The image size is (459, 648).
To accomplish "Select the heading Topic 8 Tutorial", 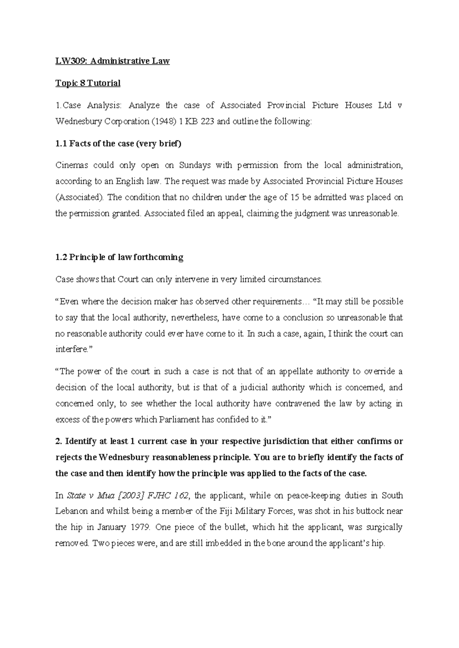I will pos(88,83).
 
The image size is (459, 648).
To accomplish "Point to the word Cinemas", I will pos(72,165).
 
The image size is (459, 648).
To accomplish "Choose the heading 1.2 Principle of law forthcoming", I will pos(119,257).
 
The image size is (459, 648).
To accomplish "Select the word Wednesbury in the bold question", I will pos(123,457).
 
